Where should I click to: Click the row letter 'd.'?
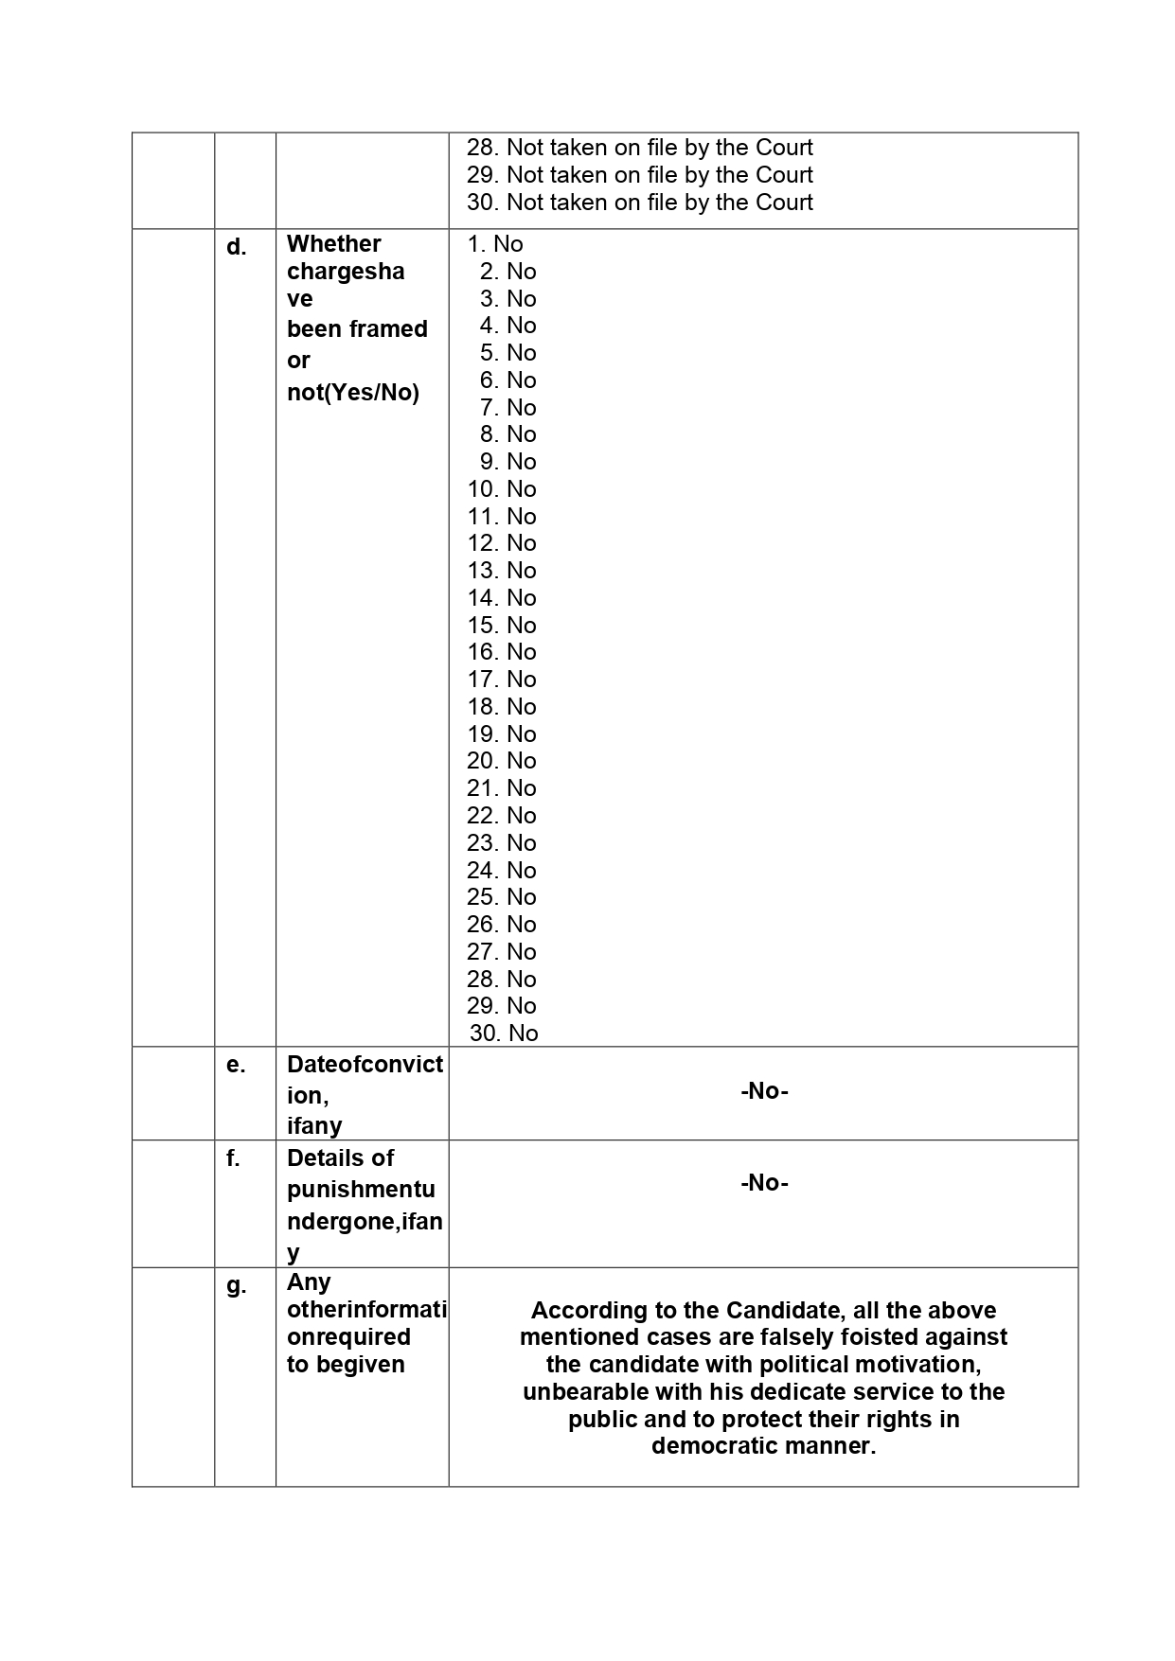236,248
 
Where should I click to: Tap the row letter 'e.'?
236,1066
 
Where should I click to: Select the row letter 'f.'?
233,1158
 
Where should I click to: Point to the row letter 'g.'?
236,1286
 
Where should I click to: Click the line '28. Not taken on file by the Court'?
639,148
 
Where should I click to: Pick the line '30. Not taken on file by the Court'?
639,203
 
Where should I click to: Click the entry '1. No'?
495,244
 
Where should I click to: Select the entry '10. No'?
502,489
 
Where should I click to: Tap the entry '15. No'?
502,626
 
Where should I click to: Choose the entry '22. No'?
502,816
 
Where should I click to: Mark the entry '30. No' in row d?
504,1034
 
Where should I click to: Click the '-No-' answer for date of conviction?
764,1091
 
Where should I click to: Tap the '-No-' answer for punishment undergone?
764,1183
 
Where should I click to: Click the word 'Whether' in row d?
334,244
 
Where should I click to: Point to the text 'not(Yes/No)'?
353,393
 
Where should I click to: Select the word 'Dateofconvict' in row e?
365,1065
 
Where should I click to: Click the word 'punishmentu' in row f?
361,1190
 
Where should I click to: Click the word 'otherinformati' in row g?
366,1311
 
